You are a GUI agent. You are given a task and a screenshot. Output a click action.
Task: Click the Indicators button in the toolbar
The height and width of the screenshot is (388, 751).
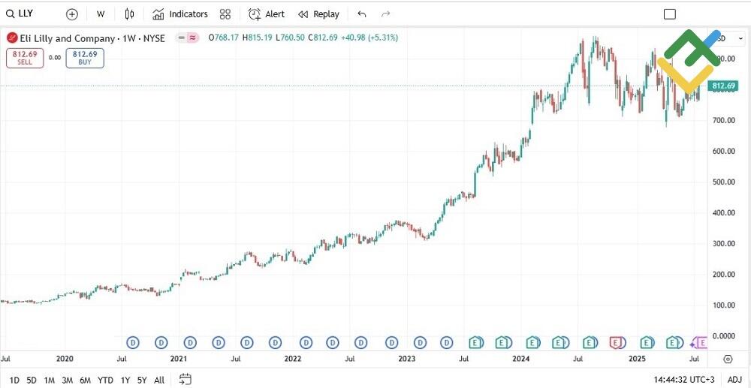pyautogui.click(x=180, y=14)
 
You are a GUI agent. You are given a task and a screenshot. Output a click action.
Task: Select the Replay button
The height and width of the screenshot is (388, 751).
pyautogui.click(x=319, y=14)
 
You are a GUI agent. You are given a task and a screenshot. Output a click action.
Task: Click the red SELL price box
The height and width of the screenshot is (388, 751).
pyautogui.click(x=26, y=58)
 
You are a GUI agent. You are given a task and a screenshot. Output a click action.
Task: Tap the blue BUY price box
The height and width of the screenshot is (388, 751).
pyautogui.click(x=85, y=58)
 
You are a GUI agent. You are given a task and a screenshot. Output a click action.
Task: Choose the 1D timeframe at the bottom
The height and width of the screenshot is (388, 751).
pyautogui.click(x=14, y=380)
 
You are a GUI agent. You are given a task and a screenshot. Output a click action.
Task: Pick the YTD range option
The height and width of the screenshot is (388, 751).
pyautogui.click(x=105, y=380)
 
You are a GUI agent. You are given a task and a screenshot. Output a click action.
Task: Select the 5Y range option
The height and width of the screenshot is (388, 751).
pyautogui.click(x=142, y=380)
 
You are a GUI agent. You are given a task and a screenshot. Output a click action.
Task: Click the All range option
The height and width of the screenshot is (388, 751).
pyautogui.click(x=159, y=380)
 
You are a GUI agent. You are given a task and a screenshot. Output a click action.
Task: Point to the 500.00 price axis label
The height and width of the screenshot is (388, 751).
pyautogui.click(x=722, y=182)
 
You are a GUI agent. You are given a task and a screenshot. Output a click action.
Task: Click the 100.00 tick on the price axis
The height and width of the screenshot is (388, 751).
pyautogui.click(x=722, y=305)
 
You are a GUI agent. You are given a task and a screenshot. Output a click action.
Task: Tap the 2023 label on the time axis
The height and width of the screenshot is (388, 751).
pyautogui.click(x=406, y=359)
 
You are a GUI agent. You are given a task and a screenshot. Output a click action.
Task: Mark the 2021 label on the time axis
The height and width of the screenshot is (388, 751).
pyautogui.click(x=178, y=359)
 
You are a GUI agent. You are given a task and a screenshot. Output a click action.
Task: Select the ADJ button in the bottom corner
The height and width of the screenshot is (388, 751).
pyautogui.click(x=734, y=380)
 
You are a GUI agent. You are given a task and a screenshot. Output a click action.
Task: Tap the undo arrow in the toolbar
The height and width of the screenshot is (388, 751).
pyautogui.click(x=362, y=14)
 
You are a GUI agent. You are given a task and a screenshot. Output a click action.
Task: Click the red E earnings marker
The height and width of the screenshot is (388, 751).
pyautogui.click(x=616, y=342)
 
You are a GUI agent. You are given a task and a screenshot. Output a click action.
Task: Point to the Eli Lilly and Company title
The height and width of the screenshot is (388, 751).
pyautogui.click(x=68, y=38)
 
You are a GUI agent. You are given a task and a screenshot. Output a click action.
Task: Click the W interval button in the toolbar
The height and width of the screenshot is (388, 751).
pyautogui.click(x=101, y=14)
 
